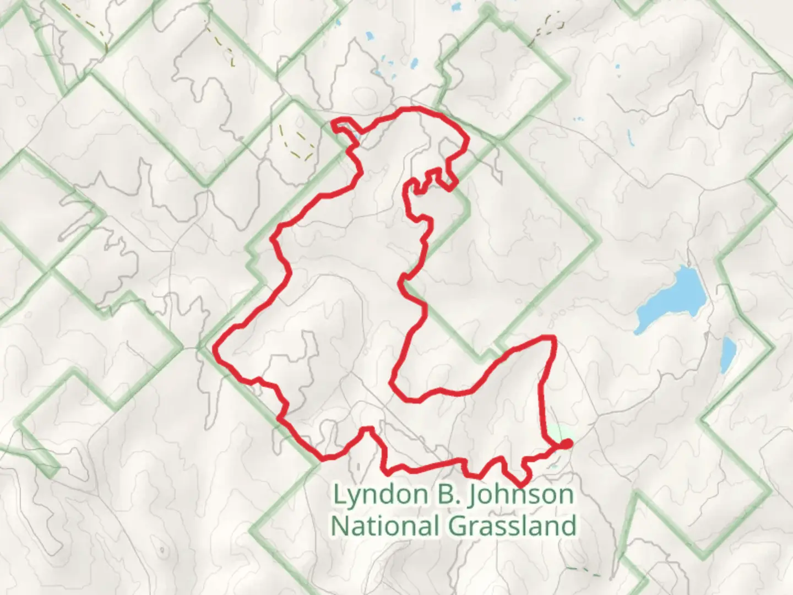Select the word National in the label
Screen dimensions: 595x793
click(385, 526)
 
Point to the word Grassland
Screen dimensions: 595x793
click(513, 526)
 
